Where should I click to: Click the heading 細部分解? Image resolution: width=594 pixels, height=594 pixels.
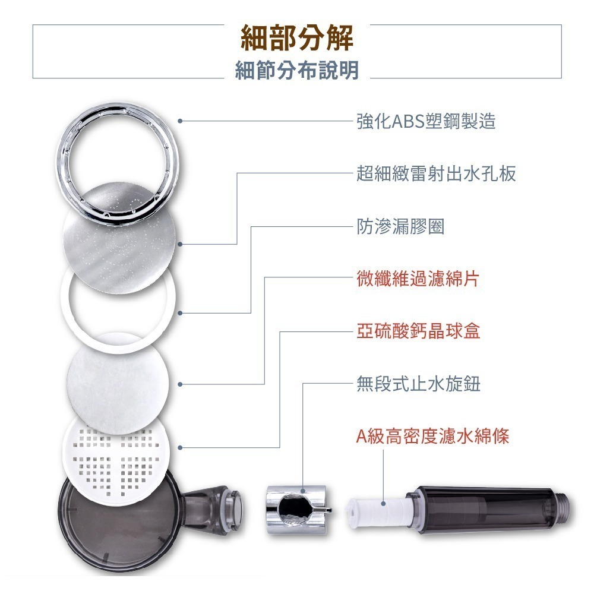tap(297, 39)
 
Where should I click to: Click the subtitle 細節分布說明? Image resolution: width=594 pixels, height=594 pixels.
tap(297, 71)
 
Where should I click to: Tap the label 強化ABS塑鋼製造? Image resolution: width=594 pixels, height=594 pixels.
tap(426, 121)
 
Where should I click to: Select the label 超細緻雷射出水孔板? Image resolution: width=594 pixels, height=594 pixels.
tap(436, 173)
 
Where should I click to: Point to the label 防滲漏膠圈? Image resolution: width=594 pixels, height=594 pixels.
tap(400, 226)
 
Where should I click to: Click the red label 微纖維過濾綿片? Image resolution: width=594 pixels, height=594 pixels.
tap(418, 279)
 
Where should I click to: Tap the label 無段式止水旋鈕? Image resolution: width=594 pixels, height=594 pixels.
tap(418, 384)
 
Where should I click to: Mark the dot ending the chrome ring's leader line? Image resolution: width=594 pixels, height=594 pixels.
tap(179, 121)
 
